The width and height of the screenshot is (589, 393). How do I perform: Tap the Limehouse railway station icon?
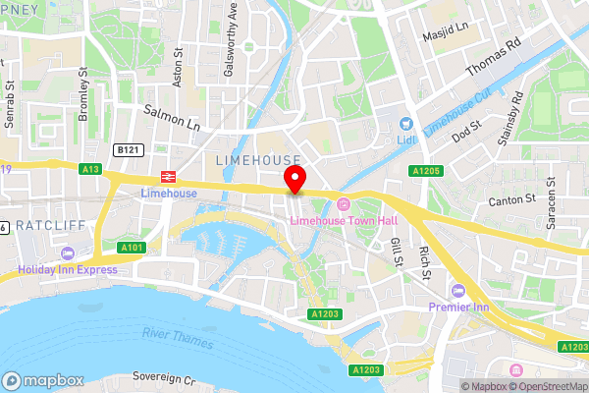coord(168,177)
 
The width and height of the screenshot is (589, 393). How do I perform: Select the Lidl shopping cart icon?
coord(404,124)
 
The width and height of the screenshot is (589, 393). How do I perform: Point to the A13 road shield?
coord(91,169)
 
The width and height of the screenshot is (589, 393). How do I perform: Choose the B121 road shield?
coord(125,149)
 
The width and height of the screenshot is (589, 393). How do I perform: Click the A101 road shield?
coord(132,247)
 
